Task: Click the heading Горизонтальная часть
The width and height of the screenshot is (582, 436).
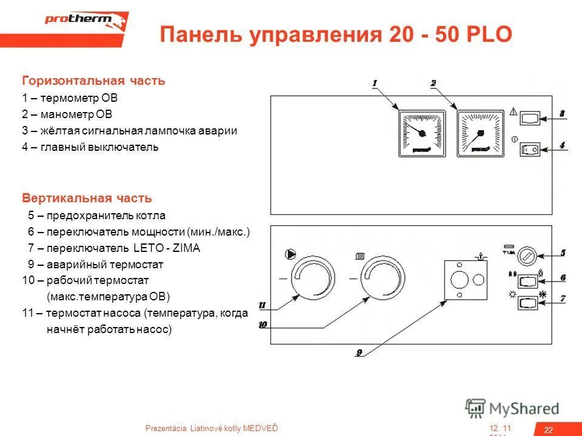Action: point(93,81)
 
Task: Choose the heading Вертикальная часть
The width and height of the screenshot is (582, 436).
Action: point(87,199)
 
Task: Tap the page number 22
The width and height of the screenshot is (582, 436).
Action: point(548,429)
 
